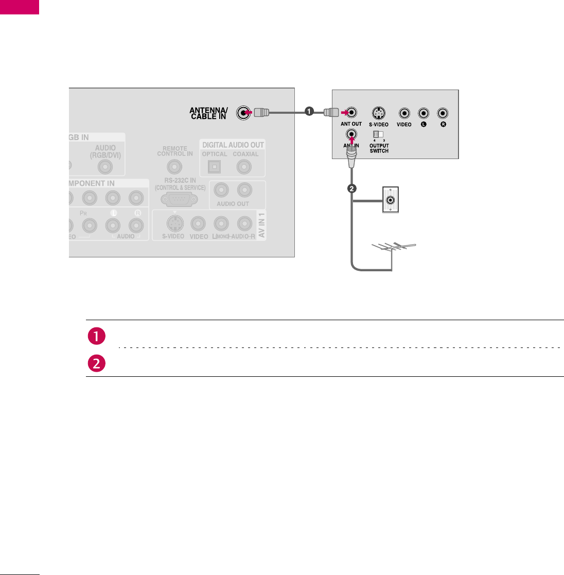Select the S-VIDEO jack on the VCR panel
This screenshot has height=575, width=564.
pyautogui.click(x=378, y=113)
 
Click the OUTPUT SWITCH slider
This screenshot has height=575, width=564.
pyautogui.click(x=378, y=135)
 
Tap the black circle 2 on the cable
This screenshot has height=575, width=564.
pyautogui.click(x=352, y=189)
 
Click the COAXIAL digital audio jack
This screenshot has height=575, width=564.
pyautogui.click(x=244, y=166)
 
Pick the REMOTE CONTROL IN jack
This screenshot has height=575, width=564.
pyautogui.click(x=175, y=166)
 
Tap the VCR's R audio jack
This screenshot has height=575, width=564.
pyautogui.click(x=442, y=113)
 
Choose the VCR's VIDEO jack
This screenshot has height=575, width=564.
pyautogui.click(x=404, y=113)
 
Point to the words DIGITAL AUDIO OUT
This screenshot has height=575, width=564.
pyautogui.click(x=233, y=145)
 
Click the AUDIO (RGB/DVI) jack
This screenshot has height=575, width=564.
pyautogui.click(x=105, y=166)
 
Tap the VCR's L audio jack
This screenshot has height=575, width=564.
pyautogui.click(x=423, y=113)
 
